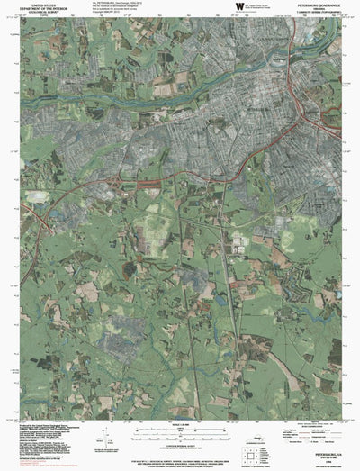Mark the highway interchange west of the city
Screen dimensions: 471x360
118,184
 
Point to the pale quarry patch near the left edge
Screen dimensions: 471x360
37,195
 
